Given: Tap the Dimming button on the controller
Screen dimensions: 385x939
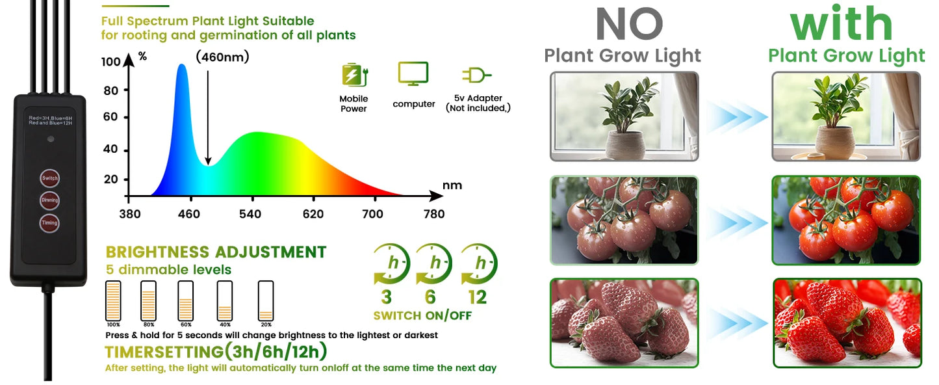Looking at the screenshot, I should click(49, 200).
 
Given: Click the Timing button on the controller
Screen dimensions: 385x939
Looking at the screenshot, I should click(49, 223).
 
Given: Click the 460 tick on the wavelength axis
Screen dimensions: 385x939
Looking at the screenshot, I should click(189, 214).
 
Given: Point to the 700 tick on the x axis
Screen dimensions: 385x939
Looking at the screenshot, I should click(372, 214).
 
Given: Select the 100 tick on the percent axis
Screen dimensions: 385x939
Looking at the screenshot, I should click(111, 62).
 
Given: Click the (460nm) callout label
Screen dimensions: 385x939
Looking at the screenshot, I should click(222, 57).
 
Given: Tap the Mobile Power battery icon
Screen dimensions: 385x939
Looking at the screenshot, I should click(354, 75).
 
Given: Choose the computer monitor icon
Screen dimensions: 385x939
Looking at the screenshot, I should click(413, 74).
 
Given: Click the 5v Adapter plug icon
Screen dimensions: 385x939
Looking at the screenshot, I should click(476, 75).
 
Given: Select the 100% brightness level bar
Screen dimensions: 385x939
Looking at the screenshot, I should click(113, 300).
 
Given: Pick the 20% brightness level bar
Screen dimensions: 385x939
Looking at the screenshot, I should click(266, 300).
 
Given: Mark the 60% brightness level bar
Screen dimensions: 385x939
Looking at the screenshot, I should click(186, 300).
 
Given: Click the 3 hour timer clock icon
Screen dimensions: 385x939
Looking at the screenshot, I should click(391, 264).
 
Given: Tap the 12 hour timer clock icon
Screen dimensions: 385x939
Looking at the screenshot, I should click(480, 264).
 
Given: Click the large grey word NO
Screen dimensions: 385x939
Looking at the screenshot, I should click(628, 25).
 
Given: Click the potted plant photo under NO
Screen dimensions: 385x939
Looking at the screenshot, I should click(624, 116).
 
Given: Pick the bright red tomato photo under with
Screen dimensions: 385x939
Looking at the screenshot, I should click(846, 220).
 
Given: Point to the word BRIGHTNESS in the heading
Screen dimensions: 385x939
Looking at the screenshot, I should click(158, 252).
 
